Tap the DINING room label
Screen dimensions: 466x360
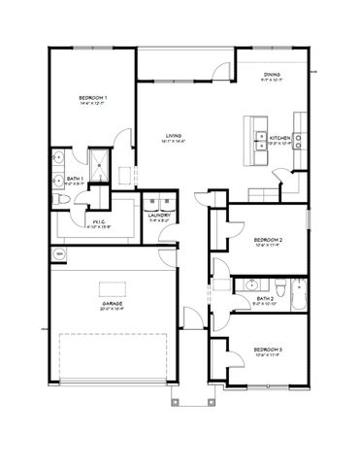click(x=274, y=76)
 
